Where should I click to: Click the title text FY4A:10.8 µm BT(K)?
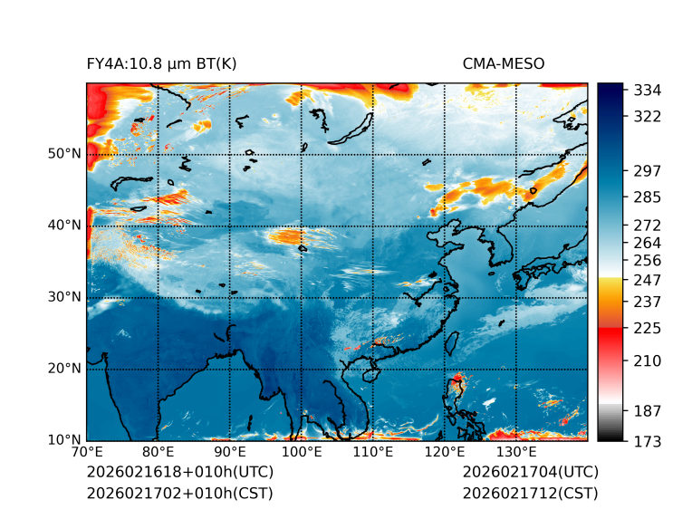[x=161, y=63]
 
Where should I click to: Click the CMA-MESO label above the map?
[x=504, y=63]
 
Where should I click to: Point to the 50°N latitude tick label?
[x=64, y=153]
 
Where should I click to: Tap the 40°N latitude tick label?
[x=64, y=226]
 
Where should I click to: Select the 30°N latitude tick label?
[x=64, y=297]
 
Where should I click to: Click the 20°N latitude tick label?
[x=64, y=369]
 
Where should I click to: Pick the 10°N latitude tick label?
[x=64, y=440]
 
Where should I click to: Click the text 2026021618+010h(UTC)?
[x=179, y=472]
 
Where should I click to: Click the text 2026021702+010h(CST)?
[x=179, y=493]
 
